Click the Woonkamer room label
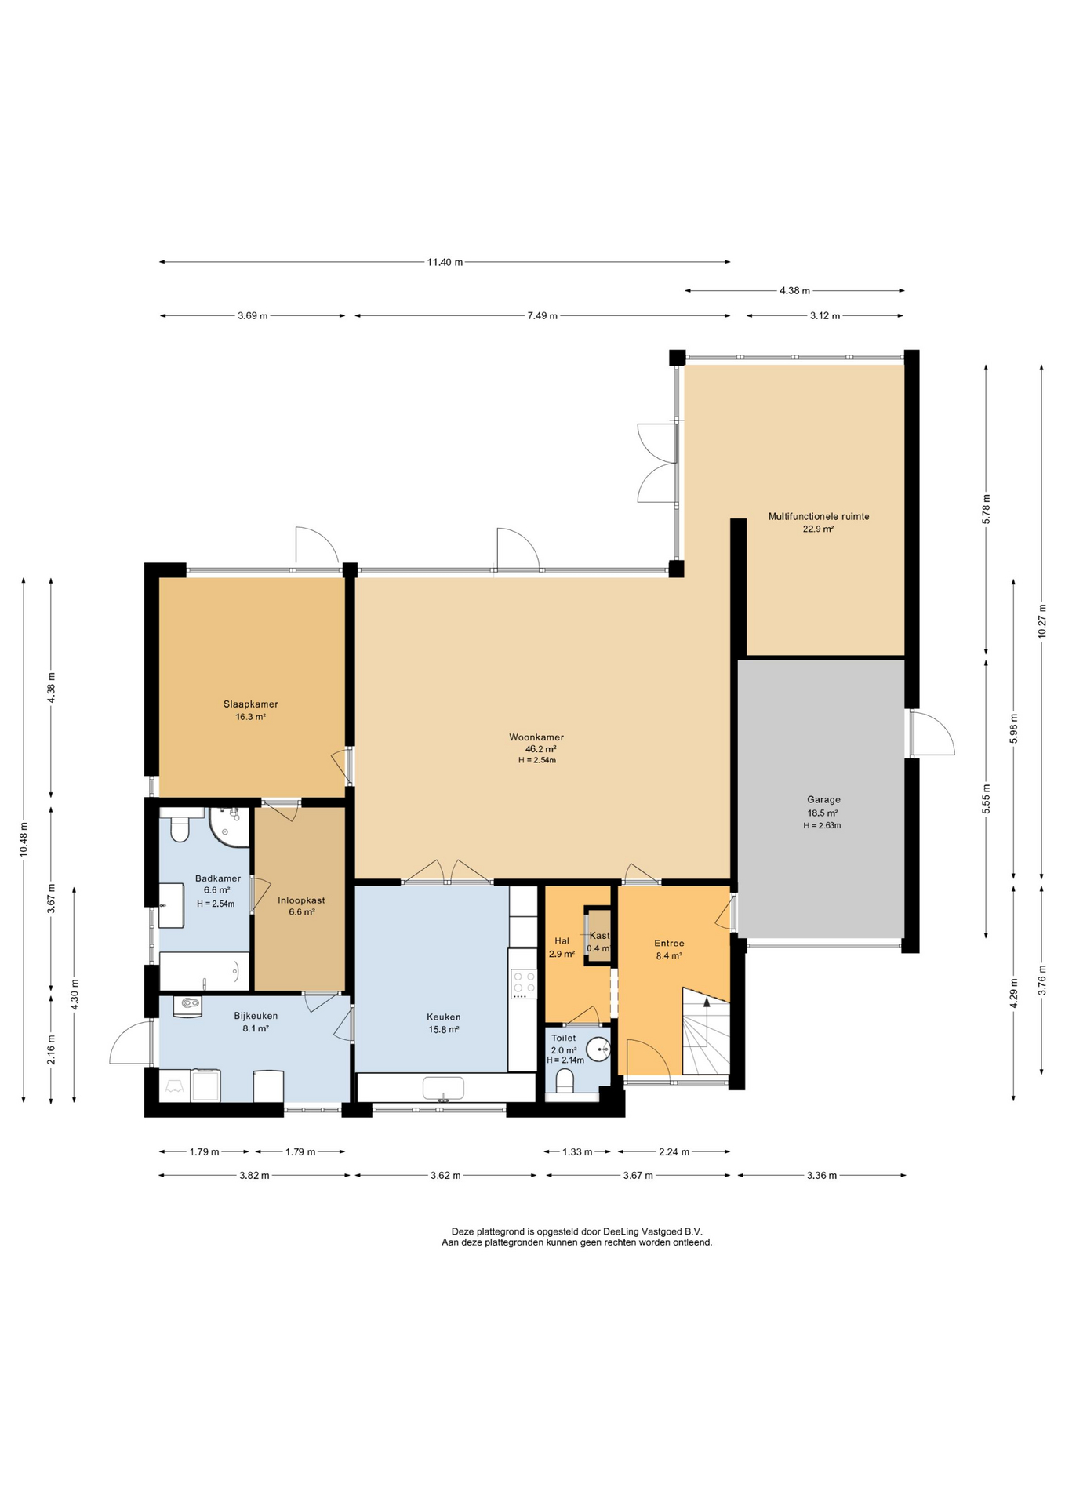(x=536, y=737)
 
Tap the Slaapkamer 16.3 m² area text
(x=251, y=717)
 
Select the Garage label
(x=823, y=800)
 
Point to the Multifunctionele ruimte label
(x=819, y=516)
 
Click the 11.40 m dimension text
(x=445, y=262)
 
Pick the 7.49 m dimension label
(x=543, y=316)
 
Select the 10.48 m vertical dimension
(x=24, y=839)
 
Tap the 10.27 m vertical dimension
(x=1042, y=621)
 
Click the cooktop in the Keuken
(x=523, y=984)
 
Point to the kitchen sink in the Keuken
(x=443, y=1088)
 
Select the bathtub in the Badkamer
(x=205, y=971)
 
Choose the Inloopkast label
(x=301, y=900)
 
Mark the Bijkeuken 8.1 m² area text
(x=256, y=1028)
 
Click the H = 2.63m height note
(x=822, y=825)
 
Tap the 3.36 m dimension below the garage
(x=822, y=1175)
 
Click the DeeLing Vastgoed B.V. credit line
(x=576, y=1231)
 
